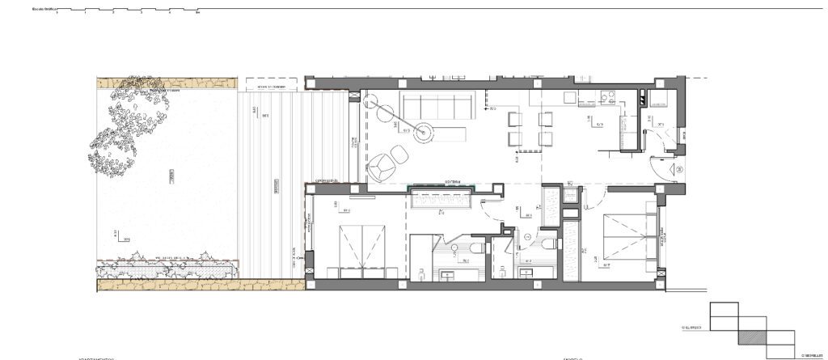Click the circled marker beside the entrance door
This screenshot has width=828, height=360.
(678, 168)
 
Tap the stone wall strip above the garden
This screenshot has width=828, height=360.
(166, 82)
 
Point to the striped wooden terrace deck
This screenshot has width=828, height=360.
(275, 178)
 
